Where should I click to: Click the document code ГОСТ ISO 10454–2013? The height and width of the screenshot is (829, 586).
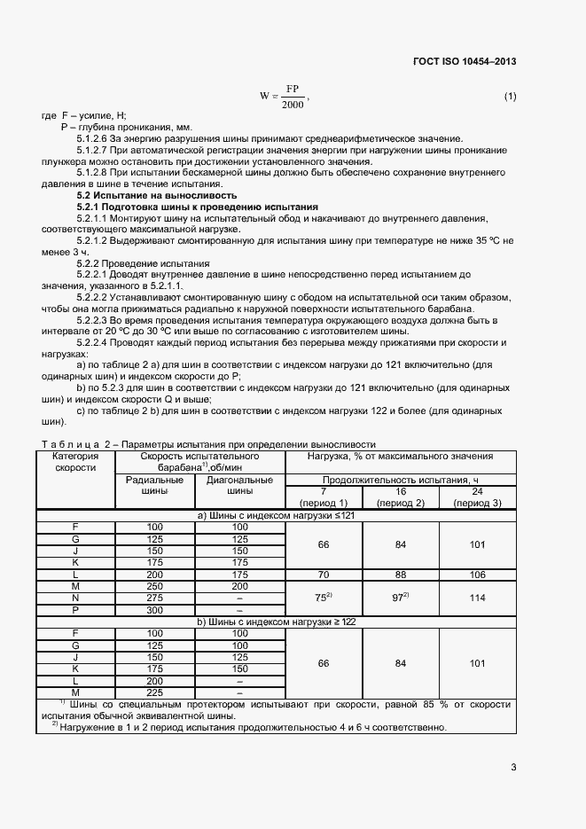[465, 61]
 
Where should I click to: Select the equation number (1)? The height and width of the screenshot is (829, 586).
[510, 96]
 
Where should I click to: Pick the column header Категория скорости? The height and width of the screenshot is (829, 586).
[75, 462]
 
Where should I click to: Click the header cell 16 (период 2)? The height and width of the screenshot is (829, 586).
[401, 497]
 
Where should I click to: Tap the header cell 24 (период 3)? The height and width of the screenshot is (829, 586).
[476, 497]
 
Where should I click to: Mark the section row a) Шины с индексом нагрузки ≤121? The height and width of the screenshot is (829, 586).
[276, 515]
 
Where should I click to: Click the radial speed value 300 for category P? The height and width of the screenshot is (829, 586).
[155, 610]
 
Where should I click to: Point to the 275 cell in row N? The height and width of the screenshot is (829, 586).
[155, 598]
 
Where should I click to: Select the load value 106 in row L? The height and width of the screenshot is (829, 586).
[477, 575]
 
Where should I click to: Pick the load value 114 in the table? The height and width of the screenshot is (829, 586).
[477, 598]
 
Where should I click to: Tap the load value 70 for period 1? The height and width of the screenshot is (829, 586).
[324, 575]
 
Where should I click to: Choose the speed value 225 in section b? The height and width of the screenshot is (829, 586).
[155, 692]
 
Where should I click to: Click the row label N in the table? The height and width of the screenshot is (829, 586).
[75, 598]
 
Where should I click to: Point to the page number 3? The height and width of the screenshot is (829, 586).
[513, 767]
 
